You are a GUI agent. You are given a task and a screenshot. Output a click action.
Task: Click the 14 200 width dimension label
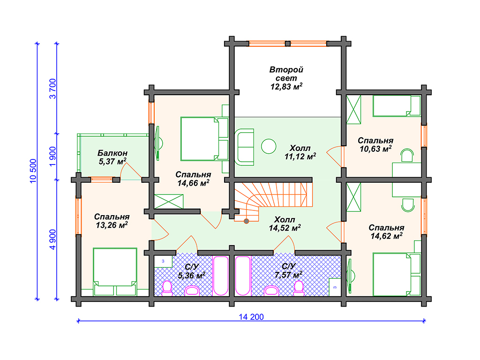point(251,317)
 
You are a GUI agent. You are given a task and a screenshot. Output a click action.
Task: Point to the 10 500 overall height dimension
point(33,171)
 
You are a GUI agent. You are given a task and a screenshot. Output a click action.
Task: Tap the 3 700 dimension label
point(53,89)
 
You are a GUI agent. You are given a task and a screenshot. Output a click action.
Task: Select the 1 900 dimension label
point(53,157)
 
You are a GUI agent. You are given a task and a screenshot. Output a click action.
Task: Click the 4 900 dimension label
point(53,240)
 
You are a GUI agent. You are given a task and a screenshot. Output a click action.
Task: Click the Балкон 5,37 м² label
point(112,157)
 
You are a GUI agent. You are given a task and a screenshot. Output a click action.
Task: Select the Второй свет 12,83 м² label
point(286,78)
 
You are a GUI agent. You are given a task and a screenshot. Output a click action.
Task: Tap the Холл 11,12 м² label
point(300,152)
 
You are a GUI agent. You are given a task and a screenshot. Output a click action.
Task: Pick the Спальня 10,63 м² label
point(375,145)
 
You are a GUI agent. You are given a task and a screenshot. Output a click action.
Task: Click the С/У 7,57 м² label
point(288,270)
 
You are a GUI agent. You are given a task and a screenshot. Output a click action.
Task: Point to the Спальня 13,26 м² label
point(112,221)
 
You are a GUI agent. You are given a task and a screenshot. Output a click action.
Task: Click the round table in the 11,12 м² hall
point(269,146)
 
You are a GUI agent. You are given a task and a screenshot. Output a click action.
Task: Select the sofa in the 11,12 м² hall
point(244,147)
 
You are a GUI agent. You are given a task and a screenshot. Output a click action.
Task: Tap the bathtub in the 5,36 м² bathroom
point(221,276)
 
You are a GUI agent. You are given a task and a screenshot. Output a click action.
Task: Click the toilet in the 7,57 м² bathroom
point(299,288)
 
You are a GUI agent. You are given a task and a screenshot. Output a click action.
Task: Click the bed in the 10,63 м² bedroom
point(397,106)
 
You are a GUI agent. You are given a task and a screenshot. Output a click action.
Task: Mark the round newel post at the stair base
point(247,221)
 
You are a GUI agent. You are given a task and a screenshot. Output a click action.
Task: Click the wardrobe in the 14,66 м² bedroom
point(169,202)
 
